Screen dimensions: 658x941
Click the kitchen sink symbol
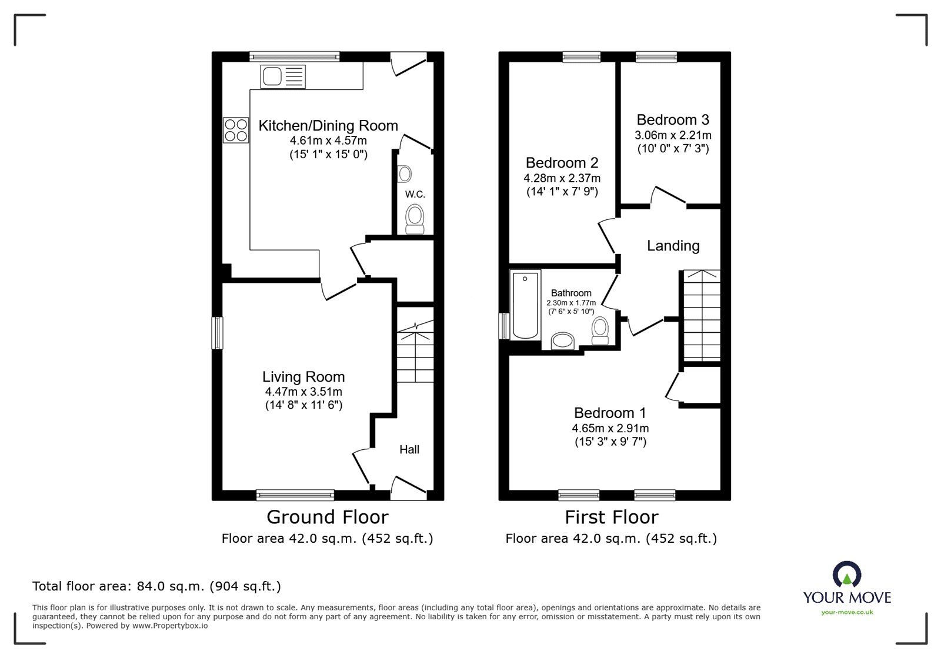[x=283, y=76]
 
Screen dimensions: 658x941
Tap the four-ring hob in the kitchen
[x=235, y=130]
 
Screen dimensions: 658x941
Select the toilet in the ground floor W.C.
[x=415, y=218]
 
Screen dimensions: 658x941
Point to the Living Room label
[x=303, y=377]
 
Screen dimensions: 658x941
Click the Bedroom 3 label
[x=673, y=120]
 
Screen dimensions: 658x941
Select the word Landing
[x=673, y=246]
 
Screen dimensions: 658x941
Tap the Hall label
[x=409, y=450]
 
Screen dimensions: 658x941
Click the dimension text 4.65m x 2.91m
[x=610, y=429]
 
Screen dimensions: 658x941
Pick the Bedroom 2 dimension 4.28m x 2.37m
[x=562, y=178]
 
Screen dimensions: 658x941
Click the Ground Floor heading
[x=327, y=517]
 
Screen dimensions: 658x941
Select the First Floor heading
[x=611, y=517]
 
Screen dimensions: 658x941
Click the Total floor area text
[x=156, y=586]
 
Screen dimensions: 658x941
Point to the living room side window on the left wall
[x=218, y=333]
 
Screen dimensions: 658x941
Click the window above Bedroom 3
[x=656, y=56]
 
